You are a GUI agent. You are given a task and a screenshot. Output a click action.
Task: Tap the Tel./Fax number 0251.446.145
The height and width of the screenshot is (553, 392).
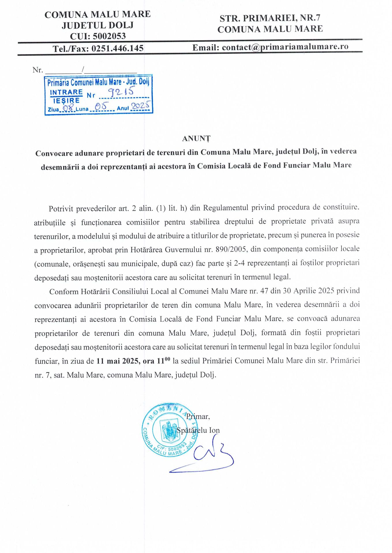(x=117, y=48)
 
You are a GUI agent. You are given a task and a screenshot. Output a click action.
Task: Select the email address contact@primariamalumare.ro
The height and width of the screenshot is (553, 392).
(x=285, y=47)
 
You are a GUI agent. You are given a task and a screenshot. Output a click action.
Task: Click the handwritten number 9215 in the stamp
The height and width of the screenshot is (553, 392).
(x=121, y=92)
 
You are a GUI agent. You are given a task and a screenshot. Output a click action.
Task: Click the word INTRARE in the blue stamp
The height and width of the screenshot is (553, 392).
(x=66, y=92)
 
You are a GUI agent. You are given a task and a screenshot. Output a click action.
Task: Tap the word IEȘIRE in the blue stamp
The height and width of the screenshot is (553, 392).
(x=66, y=101)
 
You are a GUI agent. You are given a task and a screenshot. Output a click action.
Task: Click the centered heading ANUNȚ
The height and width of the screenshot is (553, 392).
(x=196, y=139)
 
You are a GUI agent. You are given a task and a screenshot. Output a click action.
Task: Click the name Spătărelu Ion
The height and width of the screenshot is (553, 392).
(x=198, y=430)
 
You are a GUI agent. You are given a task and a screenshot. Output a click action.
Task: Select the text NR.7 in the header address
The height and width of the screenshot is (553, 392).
(x=310, y=18)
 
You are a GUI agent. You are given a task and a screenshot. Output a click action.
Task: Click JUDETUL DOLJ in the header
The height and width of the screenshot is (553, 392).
(x=97, y=25)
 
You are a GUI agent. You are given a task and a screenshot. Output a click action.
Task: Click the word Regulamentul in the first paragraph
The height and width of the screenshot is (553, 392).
(x=226, y=208)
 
